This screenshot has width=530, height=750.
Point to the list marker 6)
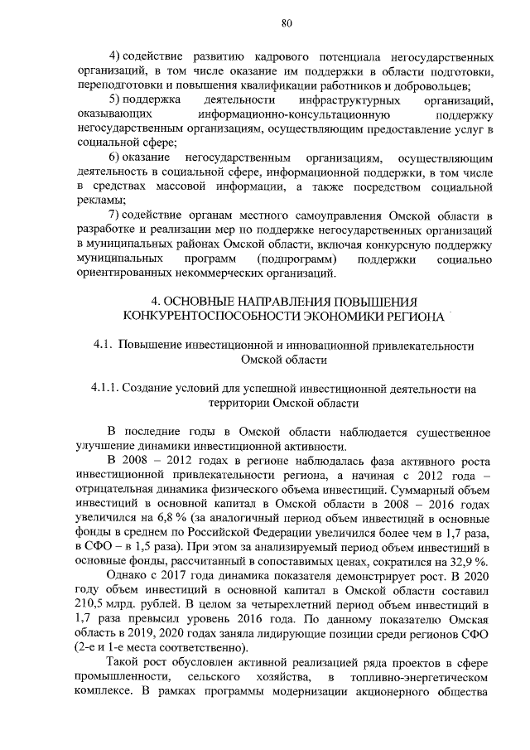pos(117,157)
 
